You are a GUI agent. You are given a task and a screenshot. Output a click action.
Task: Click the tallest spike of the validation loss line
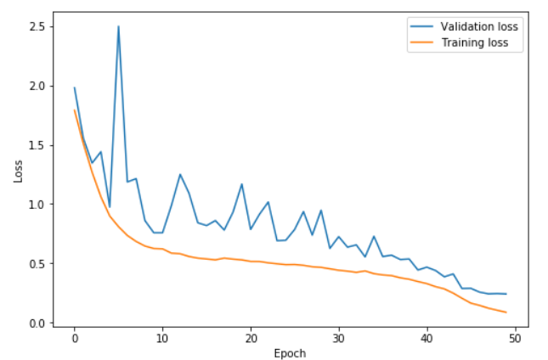tap(118, 26)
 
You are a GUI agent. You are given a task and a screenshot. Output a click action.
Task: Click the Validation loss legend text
tap(479, 26)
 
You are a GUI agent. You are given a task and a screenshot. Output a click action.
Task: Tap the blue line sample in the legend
tap(421, 26)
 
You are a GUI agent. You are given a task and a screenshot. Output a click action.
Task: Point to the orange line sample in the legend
tap(421, 42)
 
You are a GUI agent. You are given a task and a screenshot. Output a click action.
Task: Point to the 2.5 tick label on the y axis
tap(36, 26)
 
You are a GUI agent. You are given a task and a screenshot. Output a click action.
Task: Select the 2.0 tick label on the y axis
tap(36, 86)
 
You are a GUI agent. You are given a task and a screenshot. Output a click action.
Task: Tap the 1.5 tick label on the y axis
tap(36, 145)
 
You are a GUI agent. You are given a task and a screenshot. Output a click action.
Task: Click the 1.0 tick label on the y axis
tap(36, 205)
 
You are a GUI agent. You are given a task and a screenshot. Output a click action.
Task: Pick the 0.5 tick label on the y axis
tap(36, 264)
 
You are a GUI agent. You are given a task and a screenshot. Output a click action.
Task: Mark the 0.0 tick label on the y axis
tap(36, 323)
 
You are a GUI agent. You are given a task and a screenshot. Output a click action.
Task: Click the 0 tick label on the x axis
tap(75, 337)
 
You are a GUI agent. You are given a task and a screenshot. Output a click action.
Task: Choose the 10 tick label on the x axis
tap(162, 337)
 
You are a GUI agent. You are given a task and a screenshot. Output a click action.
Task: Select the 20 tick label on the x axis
tap(251, 337)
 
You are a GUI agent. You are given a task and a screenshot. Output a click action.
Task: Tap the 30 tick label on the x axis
tap(339, 337)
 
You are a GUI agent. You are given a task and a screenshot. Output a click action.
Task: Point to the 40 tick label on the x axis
tap(427, 337)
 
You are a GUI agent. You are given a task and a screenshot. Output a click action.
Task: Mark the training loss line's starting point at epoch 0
tap(75, 110)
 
